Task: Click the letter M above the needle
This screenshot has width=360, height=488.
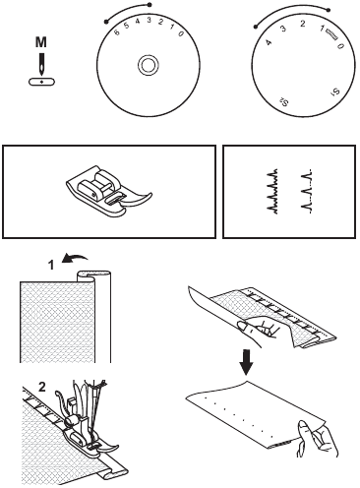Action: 39,42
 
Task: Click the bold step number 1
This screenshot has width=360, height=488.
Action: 35,265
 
